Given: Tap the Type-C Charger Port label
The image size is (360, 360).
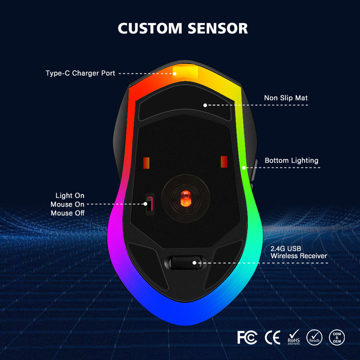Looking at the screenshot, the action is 80,73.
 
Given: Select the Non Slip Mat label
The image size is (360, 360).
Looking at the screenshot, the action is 286,98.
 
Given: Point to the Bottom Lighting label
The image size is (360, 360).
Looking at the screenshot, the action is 291,161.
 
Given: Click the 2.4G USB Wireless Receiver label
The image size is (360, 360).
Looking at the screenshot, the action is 298,252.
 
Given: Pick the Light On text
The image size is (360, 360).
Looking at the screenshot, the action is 70,196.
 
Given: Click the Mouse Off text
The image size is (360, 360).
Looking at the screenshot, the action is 67,213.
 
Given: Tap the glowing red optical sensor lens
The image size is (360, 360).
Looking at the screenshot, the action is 184,197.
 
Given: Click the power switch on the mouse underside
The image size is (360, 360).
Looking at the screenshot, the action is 148,203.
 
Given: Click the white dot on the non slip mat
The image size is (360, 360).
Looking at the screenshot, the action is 205,105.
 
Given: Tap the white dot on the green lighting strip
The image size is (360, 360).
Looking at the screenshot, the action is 243,168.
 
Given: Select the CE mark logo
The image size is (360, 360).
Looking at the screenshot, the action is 272,337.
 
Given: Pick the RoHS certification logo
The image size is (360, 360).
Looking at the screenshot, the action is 294,337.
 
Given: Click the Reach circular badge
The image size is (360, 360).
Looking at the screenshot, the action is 314,337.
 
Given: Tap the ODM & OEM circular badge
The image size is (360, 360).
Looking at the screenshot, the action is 337,337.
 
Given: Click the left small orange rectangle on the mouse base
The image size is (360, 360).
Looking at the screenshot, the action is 146,162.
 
